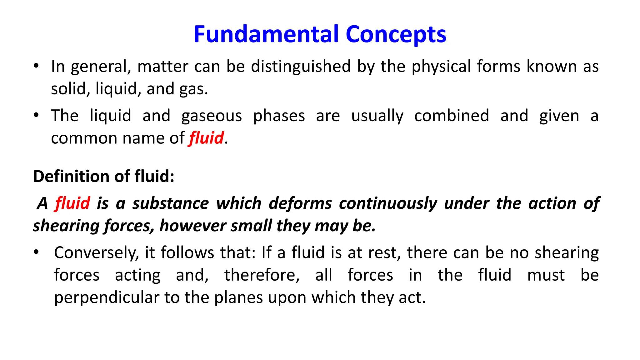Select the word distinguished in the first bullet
point(301,66)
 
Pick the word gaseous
point(212,116)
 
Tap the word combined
point(452,116)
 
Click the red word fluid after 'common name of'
point(207,138)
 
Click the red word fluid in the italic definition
point(72,203)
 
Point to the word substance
point(170,203)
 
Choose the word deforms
point(300,203)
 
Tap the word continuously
point(388,204)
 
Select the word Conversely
point(96,253)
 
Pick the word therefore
point(262,275)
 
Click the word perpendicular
point(107,298)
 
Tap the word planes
point(238,298)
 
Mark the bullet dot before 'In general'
point(36,66)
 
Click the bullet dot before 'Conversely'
point(36,252)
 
